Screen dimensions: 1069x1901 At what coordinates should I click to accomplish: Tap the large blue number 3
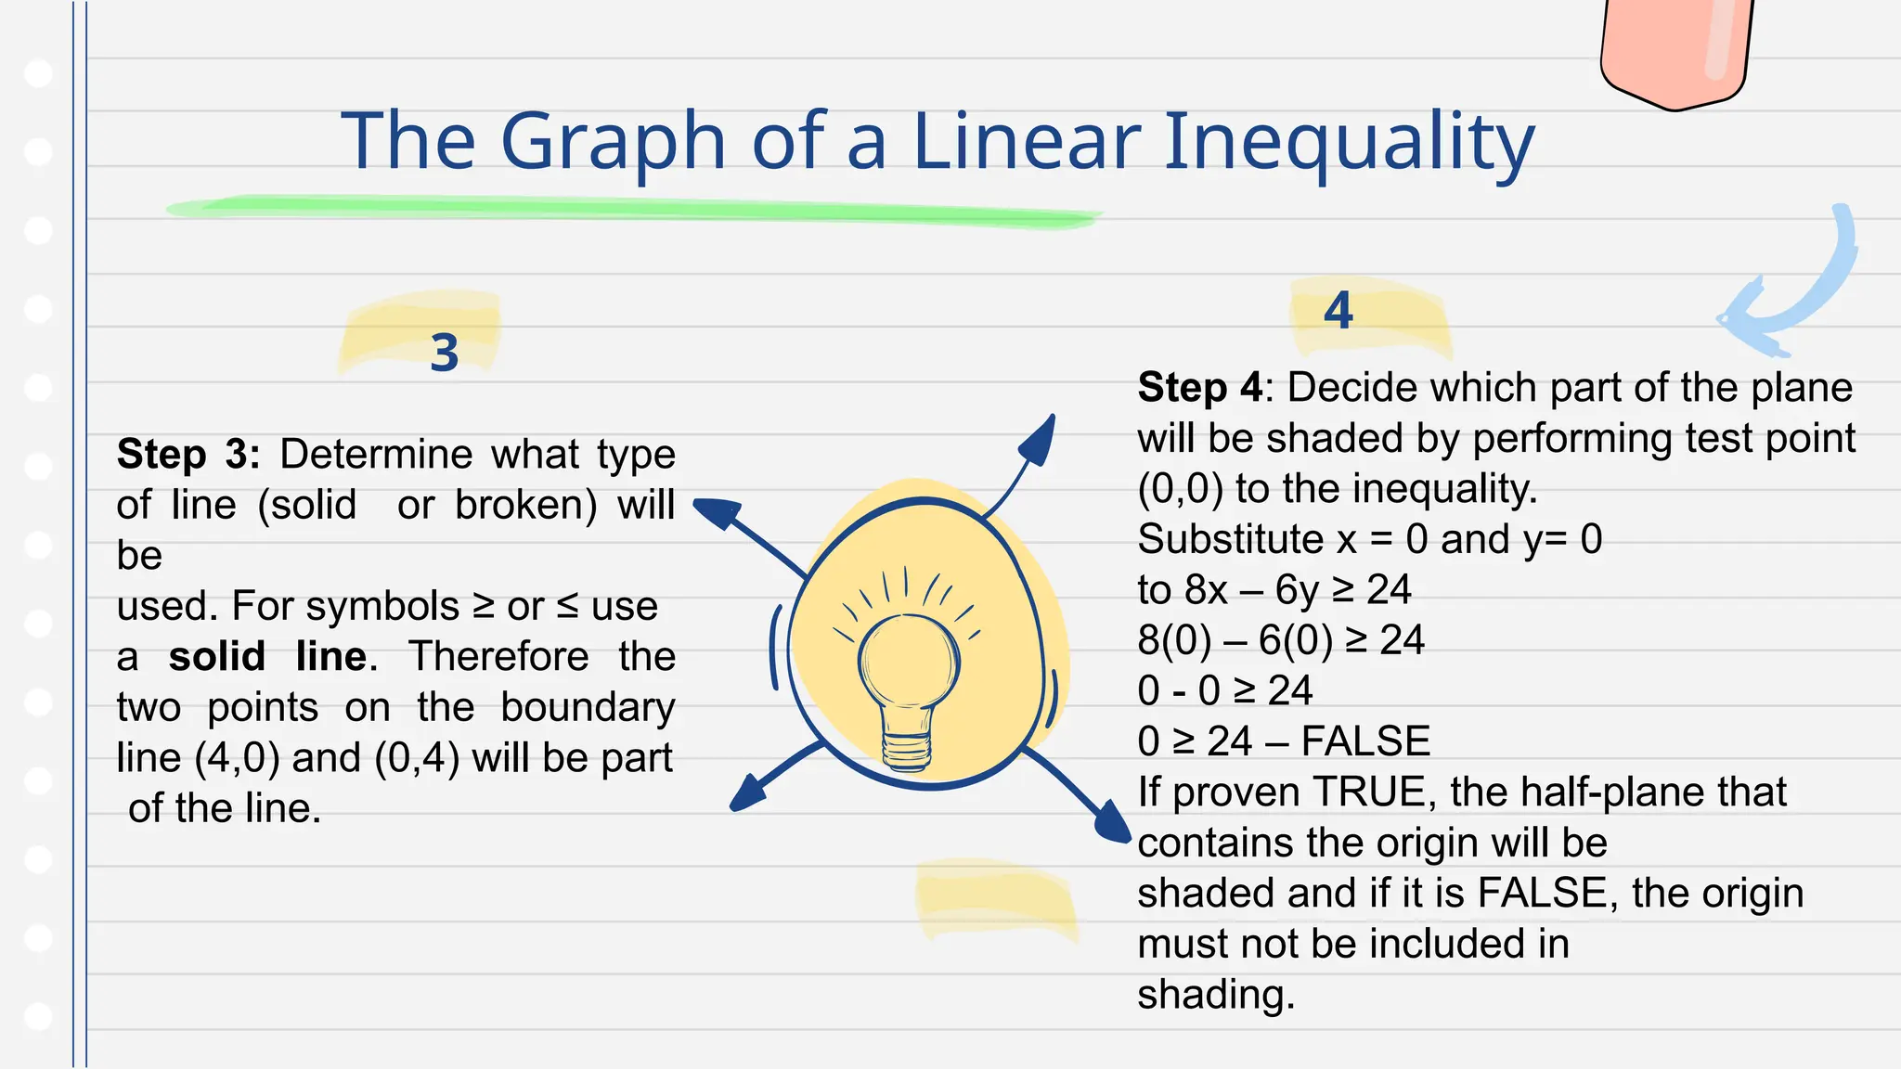pos(445,354)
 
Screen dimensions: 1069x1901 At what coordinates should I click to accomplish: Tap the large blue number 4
pos(1338,311)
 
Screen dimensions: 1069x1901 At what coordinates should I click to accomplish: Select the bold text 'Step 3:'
pos(188,455)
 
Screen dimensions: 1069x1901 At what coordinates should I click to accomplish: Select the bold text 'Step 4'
pos(1199,388)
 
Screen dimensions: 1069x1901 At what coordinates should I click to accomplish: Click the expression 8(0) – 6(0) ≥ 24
pos(1281,640)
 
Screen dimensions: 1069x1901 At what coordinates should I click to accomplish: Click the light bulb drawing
pos(908,687)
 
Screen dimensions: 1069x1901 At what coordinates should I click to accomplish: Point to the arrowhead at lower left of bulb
pos(748,794)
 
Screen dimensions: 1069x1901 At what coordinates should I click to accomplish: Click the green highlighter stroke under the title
pos(631,209)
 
